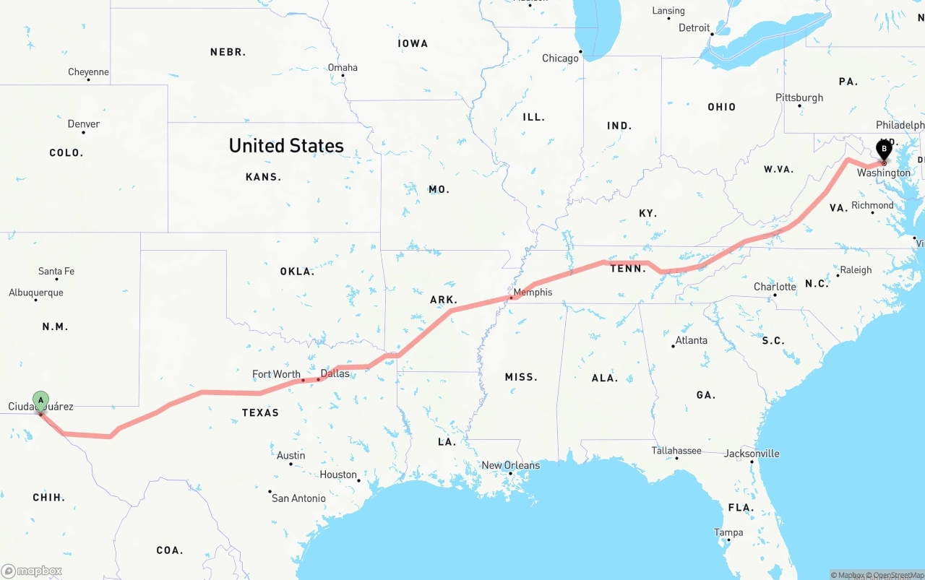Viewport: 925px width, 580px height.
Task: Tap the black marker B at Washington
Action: [x=883, y=150]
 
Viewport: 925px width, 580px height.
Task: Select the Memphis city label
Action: [x=533, y=292]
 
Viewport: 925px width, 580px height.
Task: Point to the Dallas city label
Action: [x=335, y=373]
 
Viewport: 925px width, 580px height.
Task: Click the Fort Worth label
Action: [x=276, y=374]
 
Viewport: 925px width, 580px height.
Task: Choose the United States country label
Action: [x=286, y=146]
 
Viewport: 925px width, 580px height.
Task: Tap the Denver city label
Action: [x=84, y=124]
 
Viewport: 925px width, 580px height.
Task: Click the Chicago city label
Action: [x=561, y=58]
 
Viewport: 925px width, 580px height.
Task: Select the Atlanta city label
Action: [x=692, y=340]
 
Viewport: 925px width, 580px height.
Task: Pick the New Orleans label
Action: [x=510, y=465]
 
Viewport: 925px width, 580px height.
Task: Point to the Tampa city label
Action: [x=728, y=532]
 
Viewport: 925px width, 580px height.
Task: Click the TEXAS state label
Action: [x=260, y=412]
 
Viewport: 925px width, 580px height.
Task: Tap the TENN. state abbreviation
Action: [x=628, y=269]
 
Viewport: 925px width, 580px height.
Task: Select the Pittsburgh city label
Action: [x=799, y=98]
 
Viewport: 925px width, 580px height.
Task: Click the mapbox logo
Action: [x=32, y=571]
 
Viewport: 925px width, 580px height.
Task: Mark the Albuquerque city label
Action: [x=36, y=293]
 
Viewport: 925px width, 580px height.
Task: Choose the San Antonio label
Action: [x=298, y=498]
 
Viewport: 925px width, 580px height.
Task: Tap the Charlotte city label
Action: [x=775, y=287]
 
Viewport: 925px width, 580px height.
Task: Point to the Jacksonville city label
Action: [x=752, y=454]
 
